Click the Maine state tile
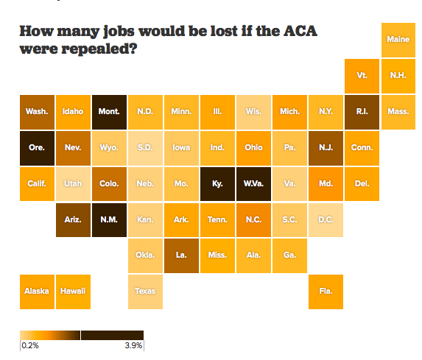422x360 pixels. pos(398,40)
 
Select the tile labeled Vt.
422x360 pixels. pos(362,76)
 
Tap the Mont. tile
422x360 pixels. pos(109,111)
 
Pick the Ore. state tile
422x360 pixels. pos(37,147)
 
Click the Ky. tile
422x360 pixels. pos(217,183)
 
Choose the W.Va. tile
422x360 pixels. pos(253,183)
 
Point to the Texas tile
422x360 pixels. pos(145,291)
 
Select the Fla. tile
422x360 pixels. pos(326,291)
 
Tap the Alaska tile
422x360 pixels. pos(37,291)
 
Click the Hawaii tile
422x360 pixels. pos(73,291)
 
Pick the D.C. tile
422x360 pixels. pos(326,219)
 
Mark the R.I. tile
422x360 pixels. pos(362,111)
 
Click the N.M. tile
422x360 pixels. pos(109,219)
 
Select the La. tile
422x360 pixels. pos(181,255)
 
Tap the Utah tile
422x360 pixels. pos(73,183)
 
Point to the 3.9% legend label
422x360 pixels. pos(133,345)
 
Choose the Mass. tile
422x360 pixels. pos(398,111)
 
